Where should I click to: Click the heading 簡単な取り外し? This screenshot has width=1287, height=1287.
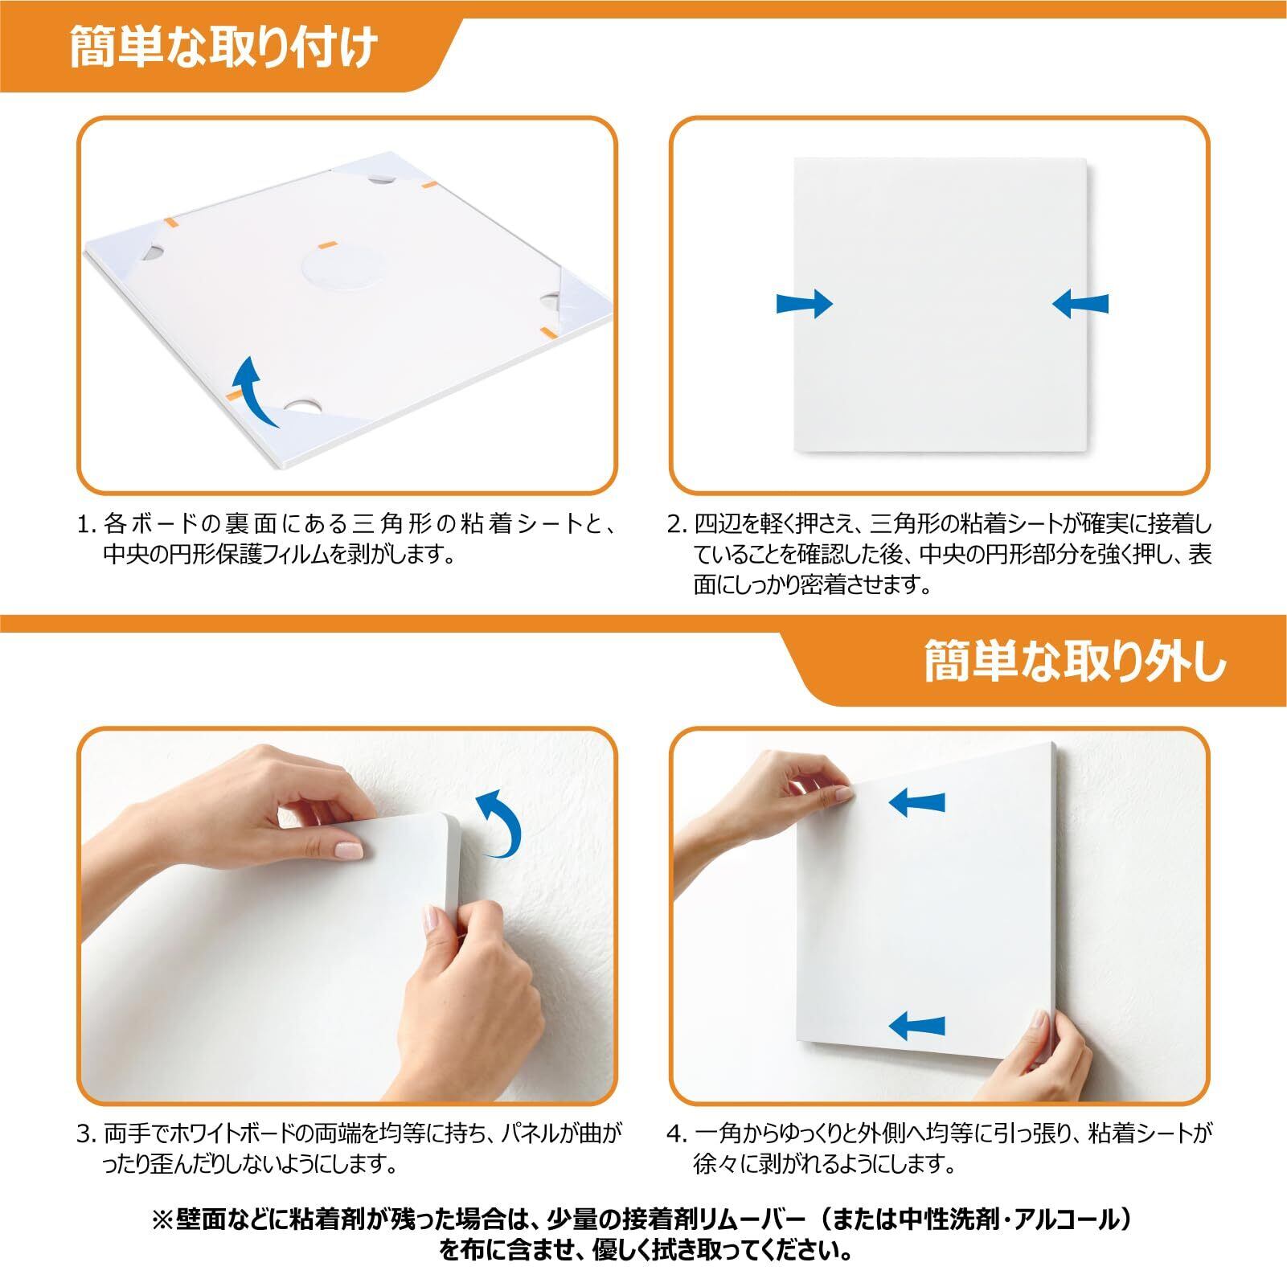pos(1076,662)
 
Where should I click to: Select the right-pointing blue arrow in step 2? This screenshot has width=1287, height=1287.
pos(805,304)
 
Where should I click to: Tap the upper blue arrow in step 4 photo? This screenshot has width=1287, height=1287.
pos(916,801)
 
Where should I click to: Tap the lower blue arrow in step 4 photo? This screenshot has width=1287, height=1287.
pos(916,1024)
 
